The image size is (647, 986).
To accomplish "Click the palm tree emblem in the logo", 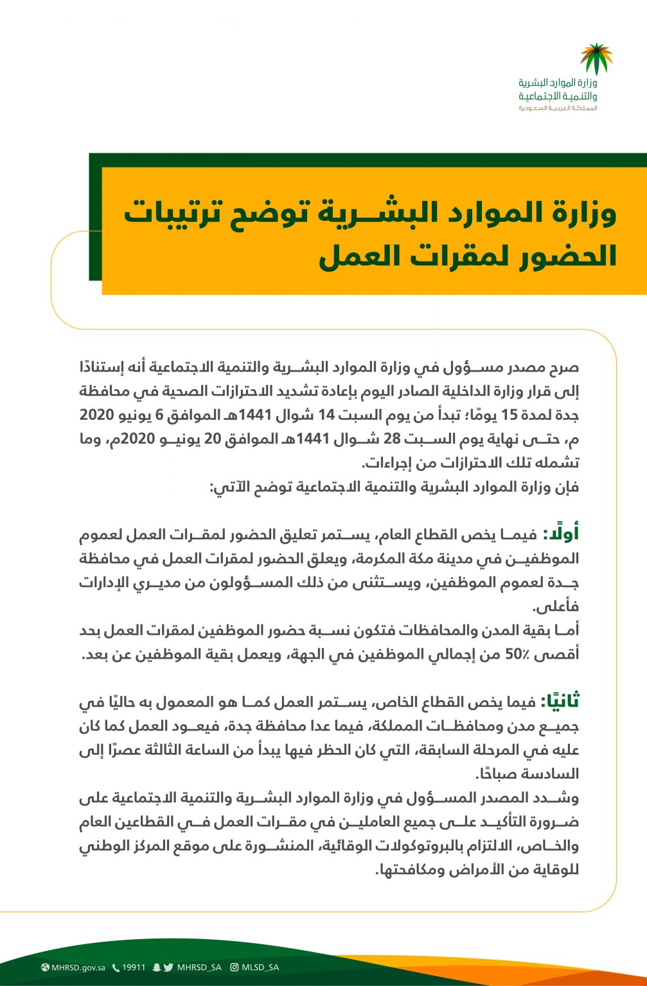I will tap(596, 58).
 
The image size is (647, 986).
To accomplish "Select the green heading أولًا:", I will tap(561, 534).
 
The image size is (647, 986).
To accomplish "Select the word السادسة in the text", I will tap(554, 774).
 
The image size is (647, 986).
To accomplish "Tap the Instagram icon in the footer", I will tap(235, 967).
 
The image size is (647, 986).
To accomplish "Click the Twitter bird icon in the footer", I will tap(168, 967).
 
